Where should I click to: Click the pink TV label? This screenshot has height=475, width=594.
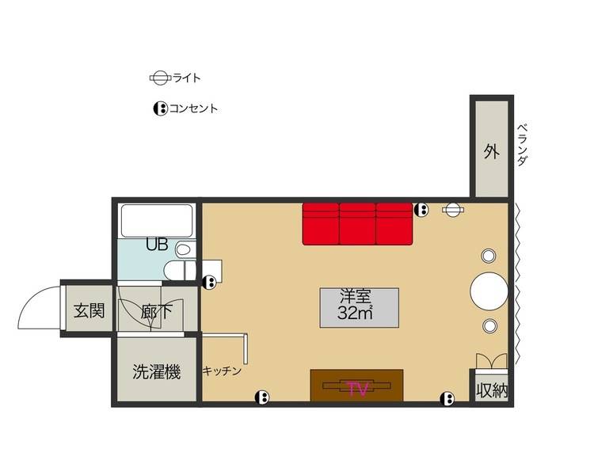pyautogui.click(x=357, y=389)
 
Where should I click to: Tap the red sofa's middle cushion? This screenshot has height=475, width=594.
pyautogui.click(x=357, y=224)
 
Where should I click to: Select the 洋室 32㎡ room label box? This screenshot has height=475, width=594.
pyautogui.click(x=359, y=308)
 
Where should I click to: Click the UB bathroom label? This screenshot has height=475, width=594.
pyautogui.click(x=157, y=245)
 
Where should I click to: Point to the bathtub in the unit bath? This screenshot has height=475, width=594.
pyautogui.click(x=157, y=221)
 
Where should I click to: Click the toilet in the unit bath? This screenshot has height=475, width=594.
pyautogui.click(x=180, y=270)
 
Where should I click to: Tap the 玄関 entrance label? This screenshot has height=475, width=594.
pyautogui.click(x=89, y=310)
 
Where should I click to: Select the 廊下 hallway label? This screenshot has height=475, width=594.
pyautogui.click(x=157, y=313)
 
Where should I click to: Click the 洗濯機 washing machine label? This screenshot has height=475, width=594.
pyautogui.click(x=157, y=372)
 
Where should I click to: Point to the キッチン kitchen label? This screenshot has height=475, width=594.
pyautogui.click(x=222, y=370)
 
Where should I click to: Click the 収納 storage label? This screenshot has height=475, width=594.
pyautogui.click(x=492, y=389)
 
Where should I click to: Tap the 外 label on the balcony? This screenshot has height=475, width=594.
pyautogui.click(x=491, y=151)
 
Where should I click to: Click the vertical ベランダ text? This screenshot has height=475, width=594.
pyautogui.click(x=522, y=145)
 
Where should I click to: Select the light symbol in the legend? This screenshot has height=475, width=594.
pyautogui.click(x=159, y=78)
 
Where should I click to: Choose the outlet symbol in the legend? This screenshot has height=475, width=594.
pyautogui.click(x=161, y=109)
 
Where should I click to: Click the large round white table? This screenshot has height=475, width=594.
pyautogui.click(x=489, y=291)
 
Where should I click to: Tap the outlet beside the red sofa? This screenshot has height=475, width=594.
pyautogui.click(x=421, y=210)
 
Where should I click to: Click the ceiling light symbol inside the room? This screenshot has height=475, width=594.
pyautogui.click(x=453, y=209)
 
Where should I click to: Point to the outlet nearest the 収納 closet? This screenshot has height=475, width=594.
pyautogui.click(x=447, y=398)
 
